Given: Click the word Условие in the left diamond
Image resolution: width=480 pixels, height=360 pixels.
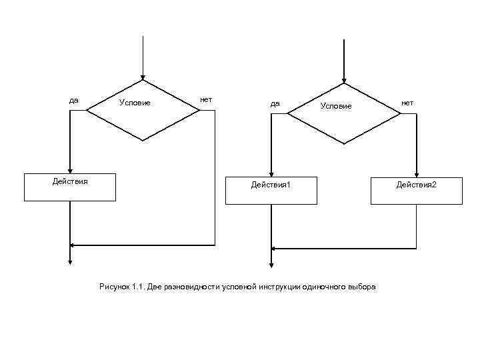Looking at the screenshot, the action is (135, 103).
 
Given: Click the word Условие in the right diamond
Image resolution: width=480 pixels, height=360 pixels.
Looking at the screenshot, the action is (335, 106).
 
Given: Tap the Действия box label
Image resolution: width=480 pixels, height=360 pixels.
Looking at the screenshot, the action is (70, 181).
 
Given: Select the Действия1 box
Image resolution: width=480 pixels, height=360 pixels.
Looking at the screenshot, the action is (271, 190).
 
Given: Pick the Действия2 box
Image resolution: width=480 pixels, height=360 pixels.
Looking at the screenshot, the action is (417, 190).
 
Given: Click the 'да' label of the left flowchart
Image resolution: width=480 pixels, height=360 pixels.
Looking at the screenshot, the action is (74, 100).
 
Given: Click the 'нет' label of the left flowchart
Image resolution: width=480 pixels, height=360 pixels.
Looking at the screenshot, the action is (206, 99).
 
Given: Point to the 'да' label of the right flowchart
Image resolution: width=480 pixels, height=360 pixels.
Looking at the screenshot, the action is (275, 103).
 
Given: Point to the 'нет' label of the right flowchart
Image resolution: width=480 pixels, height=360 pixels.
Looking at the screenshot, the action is (407, 103).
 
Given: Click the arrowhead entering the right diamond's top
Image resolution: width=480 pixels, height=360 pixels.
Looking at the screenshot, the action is (344, 79).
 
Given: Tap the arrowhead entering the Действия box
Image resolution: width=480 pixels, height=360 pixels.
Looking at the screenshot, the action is (70, 169).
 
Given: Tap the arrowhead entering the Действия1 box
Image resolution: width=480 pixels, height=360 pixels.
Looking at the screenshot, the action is (271, 173).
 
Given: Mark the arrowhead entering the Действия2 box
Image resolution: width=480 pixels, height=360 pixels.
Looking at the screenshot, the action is (417, 173).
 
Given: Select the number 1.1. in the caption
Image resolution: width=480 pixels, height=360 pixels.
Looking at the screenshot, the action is (139, 287).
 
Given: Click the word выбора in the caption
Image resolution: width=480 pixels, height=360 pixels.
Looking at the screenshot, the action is (361, 287).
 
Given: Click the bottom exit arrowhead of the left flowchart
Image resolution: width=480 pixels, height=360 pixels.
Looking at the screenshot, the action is (70, 261).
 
